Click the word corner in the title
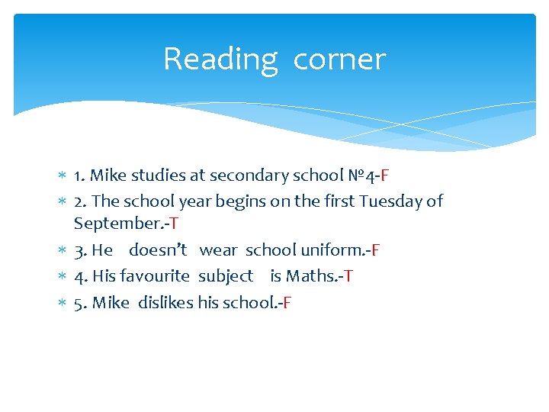(x=339, y=60)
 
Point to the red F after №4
(x=385, y=175)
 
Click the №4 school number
(x=358, y=175)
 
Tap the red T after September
(x=174, y=224)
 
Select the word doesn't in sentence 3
(x=158, y=250)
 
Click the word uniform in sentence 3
(x=333, y=250)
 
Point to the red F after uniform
(x=376, y=250)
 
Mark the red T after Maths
(x=348, y=276)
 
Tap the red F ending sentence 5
(x=287, y=303)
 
